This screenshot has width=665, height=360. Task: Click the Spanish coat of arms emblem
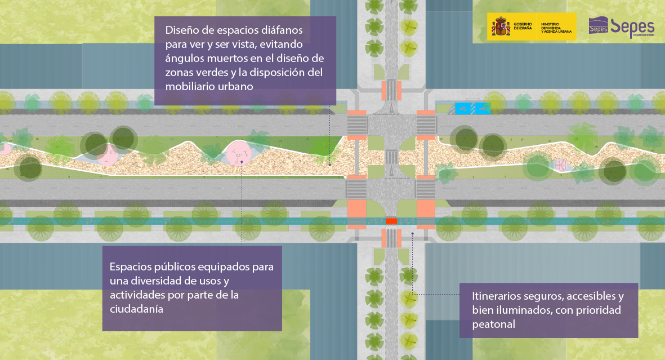pos(501,27)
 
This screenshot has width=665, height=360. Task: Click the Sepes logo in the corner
pos(622,26)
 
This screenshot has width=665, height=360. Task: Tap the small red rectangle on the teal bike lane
pos(391,221)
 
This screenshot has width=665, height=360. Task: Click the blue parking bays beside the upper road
pos(472,108)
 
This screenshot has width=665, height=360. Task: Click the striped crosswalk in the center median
pos(391,157)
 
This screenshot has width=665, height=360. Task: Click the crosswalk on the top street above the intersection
pos(390,90)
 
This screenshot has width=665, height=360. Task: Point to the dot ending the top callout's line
pos(329,165)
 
